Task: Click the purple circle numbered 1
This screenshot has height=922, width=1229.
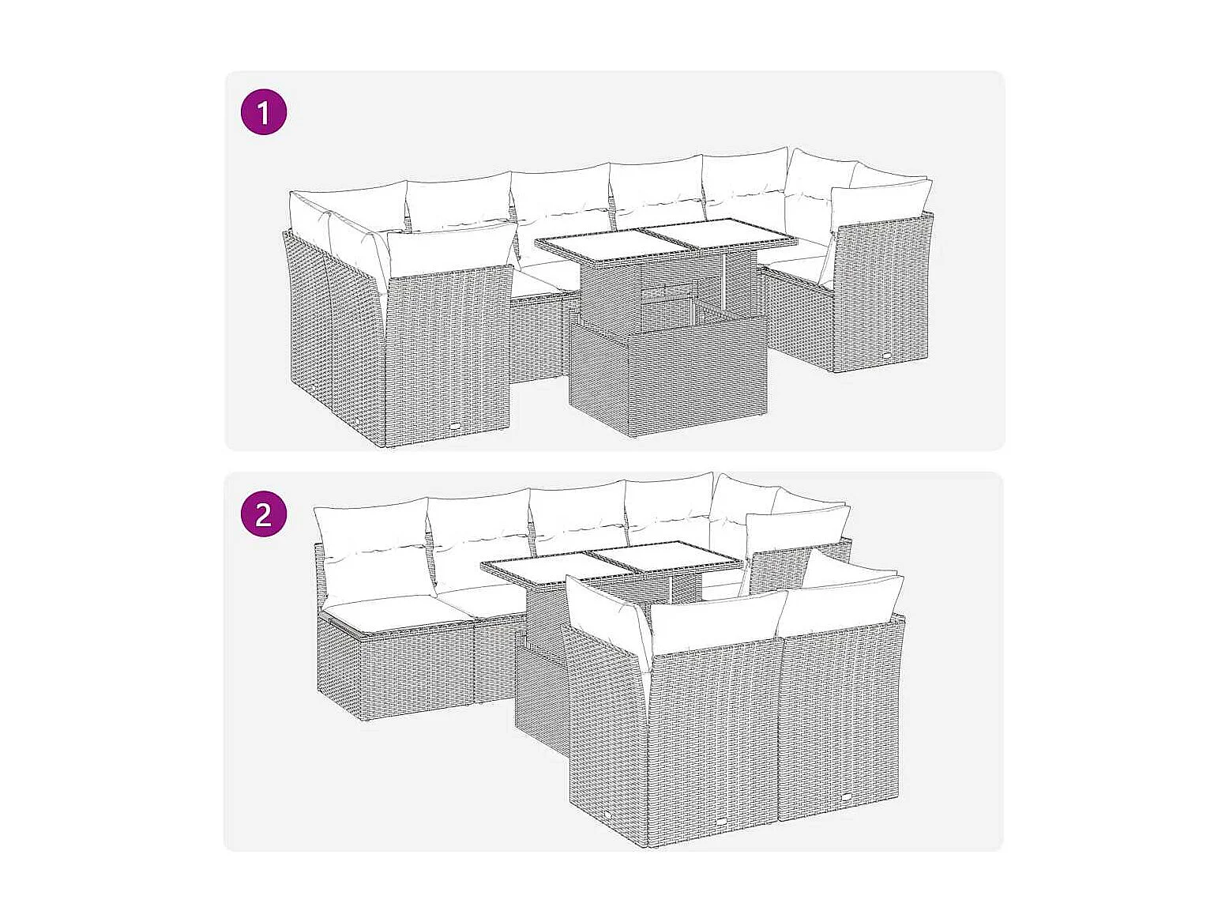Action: point(263,112)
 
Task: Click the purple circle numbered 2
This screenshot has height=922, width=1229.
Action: point(263,514)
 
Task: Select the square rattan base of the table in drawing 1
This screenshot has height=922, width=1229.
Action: point(668,376)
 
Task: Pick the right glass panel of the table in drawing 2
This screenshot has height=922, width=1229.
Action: point(663,556)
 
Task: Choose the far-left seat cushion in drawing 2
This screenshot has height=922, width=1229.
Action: point(381,611)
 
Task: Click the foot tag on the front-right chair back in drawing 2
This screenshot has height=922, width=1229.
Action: point(848,798)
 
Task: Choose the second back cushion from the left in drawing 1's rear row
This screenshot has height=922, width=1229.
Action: point(459,201)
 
